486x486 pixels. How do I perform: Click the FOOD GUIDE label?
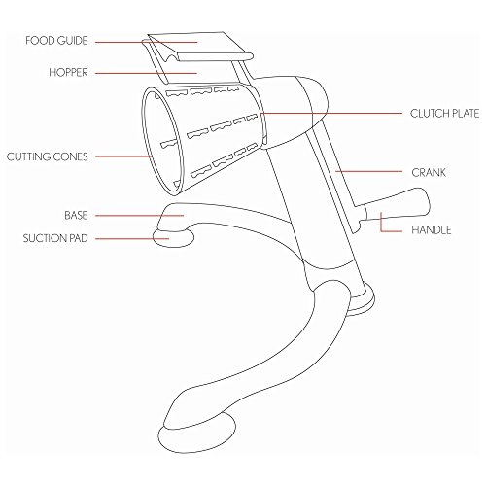point(56,41)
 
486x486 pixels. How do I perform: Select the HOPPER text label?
point(68,72)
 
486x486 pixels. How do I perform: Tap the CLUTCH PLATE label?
point(444,114)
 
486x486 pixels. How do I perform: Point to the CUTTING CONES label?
point(48,156)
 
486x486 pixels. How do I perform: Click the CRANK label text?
point(429,172)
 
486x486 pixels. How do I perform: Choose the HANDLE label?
point(432,230)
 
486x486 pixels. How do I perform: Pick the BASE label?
point(76,216)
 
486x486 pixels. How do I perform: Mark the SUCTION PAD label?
point(55,238)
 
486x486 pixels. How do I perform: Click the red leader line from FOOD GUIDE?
point(146,42)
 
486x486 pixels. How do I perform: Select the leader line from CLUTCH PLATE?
point(330,113)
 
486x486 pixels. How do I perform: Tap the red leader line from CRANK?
point(368,171)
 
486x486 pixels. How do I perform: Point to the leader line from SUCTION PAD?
point(132,239)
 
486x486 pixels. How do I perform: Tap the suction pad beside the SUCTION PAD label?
point(174,238)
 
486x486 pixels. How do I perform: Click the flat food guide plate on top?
point(200,46)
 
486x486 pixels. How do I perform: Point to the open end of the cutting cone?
point(161,141)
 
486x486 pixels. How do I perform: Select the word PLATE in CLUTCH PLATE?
point(464,114)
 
